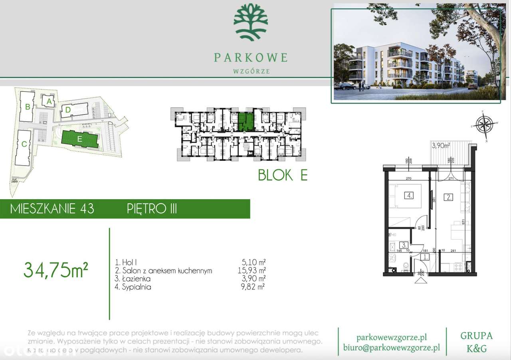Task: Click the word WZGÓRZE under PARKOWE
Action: [251, 71]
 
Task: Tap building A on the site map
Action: [49, 102]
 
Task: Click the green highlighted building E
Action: [79, 139]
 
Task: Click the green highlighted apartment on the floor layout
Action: [245, 121]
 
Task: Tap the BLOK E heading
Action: [283, 175]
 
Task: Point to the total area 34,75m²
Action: [56, 270]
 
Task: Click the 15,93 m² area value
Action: [251, 271]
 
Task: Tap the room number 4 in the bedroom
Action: [409, 196]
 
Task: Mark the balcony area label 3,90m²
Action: [441, 146]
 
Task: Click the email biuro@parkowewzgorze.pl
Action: [392, 348]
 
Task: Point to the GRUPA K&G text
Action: [477, 342]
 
